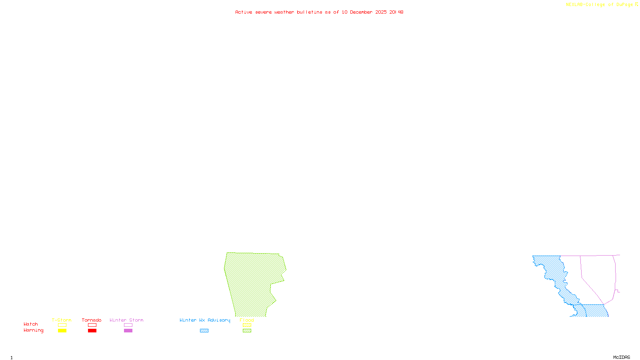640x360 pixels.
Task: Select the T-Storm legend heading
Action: point(62,320)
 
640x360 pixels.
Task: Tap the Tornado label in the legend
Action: point(92,320)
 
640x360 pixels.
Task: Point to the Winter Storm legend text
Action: point(126,320)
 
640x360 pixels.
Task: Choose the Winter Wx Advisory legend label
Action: point(205,320)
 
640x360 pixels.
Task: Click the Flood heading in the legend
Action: point(247,320)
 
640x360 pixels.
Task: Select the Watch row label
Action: point(31,324)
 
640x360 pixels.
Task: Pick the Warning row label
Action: point(33,330)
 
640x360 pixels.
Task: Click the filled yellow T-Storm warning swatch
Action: point(62,331)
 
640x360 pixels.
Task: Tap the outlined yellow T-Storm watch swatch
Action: point(62,325)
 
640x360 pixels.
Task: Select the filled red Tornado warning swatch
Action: point(92,331)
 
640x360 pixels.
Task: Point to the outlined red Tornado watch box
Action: point(92,325)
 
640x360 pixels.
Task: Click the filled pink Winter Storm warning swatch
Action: point(128,331)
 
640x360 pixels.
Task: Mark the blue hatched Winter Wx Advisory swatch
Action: point(204,331)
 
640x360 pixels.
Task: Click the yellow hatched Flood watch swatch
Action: point(247,325)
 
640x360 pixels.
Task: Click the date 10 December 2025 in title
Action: point(364,12)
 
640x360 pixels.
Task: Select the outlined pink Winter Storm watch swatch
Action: point(128,325)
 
